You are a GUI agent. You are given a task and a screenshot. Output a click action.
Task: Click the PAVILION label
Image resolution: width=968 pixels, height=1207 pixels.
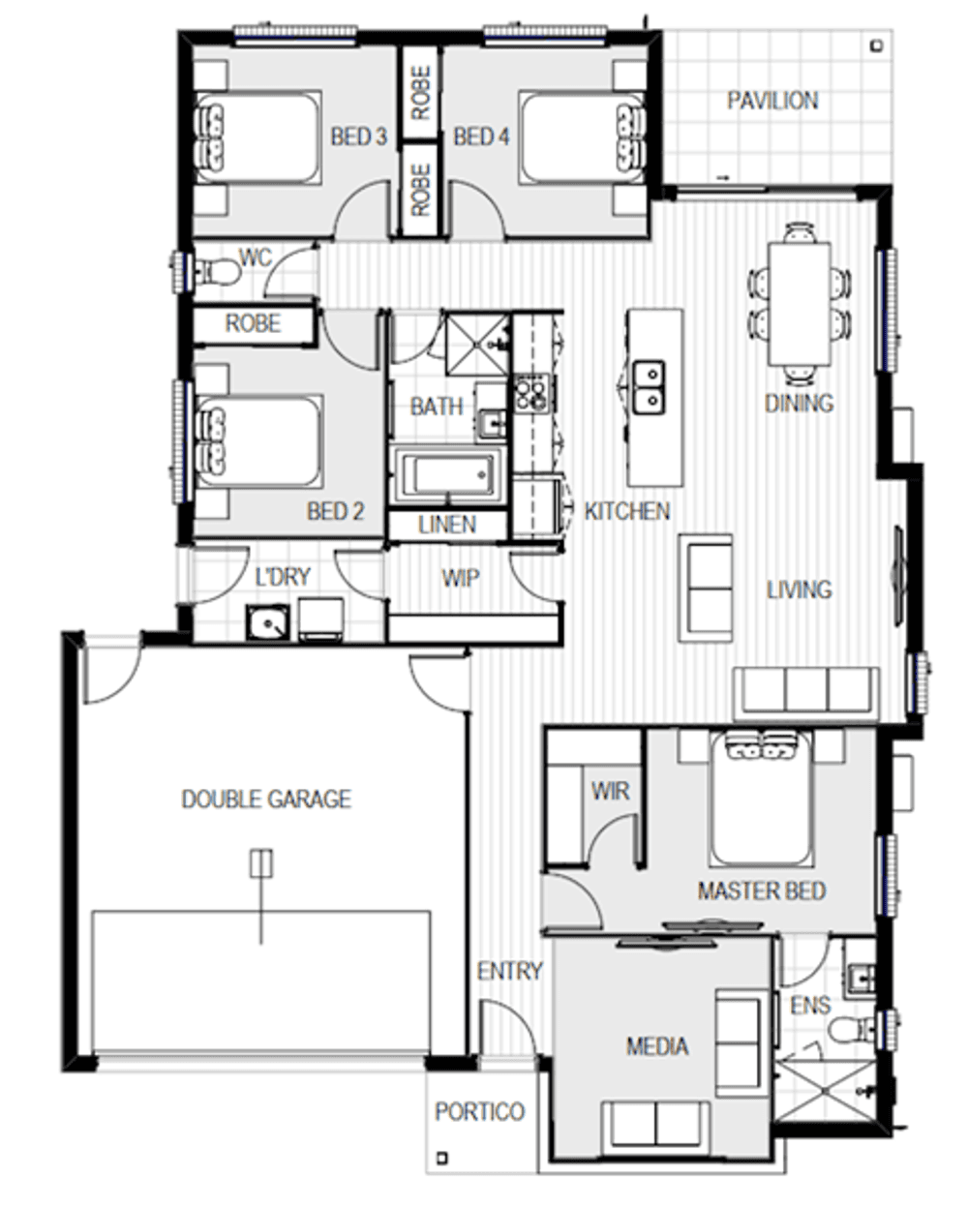(771, 101)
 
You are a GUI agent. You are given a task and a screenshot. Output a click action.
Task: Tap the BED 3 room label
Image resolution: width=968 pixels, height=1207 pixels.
(358, 136)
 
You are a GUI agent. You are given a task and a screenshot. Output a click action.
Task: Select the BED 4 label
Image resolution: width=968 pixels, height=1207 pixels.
(481, 136)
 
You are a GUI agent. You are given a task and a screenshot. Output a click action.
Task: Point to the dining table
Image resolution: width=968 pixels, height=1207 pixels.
(800, 304)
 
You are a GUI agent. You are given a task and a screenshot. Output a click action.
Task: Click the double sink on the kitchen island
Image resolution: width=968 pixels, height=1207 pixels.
(649, 385)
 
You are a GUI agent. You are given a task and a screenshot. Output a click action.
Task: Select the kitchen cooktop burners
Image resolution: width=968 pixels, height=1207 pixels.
(529, 392)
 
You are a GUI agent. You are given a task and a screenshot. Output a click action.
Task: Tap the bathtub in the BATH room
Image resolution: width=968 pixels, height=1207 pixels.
(447, 475)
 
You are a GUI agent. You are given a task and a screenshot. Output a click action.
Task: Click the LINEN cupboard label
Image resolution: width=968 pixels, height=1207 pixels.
(447, 526)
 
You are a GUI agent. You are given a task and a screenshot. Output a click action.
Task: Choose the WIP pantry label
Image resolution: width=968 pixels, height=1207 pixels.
(460, 578)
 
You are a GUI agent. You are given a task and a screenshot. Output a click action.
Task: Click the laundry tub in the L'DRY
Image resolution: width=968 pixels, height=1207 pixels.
(266, 622)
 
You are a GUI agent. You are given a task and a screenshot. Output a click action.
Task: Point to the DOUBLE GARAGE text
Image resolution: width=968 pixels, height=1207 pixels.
(266, 800)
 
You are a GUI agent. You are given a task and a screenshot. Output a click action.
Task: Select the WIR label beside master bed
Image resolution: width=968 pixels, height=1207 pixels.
(610, 792)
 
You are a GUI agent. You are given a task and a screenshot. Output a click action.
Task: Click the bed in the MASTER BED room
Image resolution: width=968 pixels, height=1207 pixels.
(761, 799)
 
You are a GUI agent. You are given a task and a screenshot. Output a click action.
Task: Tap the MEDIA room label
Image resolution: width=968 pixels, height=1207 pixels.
(657, 1046)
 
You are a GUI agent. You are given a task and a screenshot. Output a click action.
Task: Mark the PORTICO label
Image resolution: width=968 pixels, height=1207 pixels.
(479, 1112)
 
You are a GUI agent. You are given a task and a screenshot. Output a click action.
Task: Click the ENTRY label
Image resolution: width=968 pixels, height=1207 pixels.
(509, 971)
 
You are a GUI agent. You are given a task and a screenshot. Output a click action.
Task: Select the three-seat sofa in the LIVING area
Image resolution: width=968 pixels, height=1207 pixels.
(805, 693)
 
